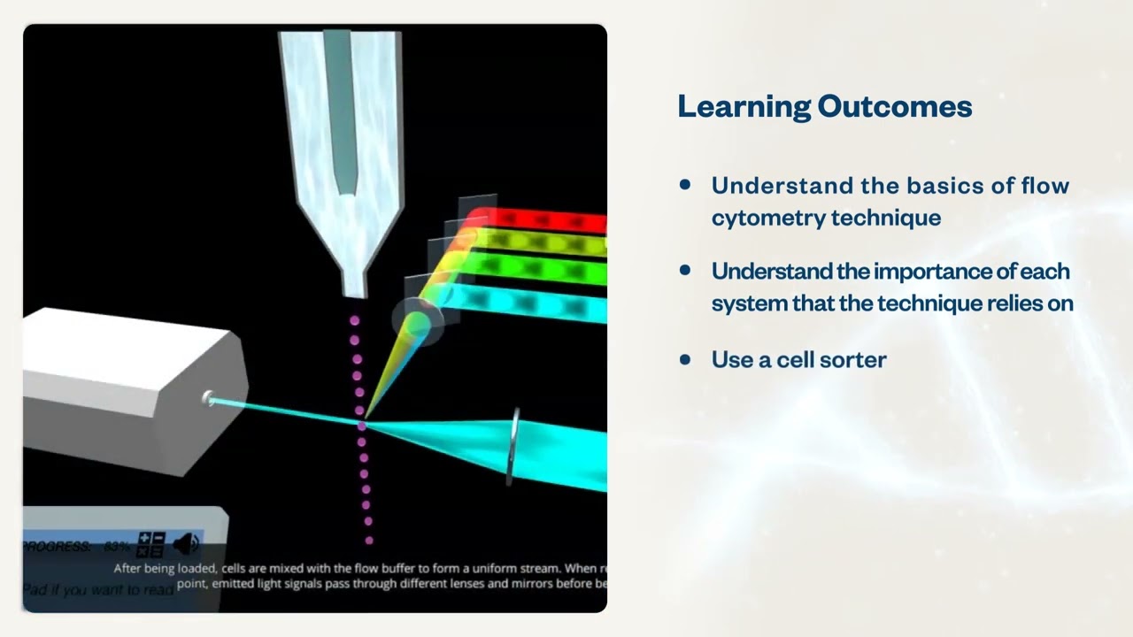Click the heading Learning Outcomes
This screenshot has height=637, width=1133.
tap(824, 107)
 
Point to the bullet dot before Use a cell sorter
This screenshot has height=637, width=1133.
tap(685, 358)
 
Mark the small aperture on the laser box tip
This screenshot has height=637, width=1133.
tap(209, 399)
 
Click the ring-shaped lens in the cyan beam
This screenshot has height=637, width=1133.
tap(513, 447)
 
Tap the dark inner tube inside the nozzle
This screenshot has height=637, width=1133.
tap(340, 106)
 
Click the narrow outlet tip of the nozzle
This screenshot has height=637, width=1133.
tap(353, 285)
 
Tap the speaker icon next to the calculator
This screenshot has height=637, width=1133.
tap(187, 543)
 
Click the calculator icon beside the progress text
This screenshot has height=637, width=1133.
tap(151, 544)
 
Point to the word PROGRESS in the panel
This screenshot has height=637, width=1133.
tap(58, 547)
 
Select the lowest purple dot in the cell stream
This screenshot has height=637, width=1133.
tap(369, 539)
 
